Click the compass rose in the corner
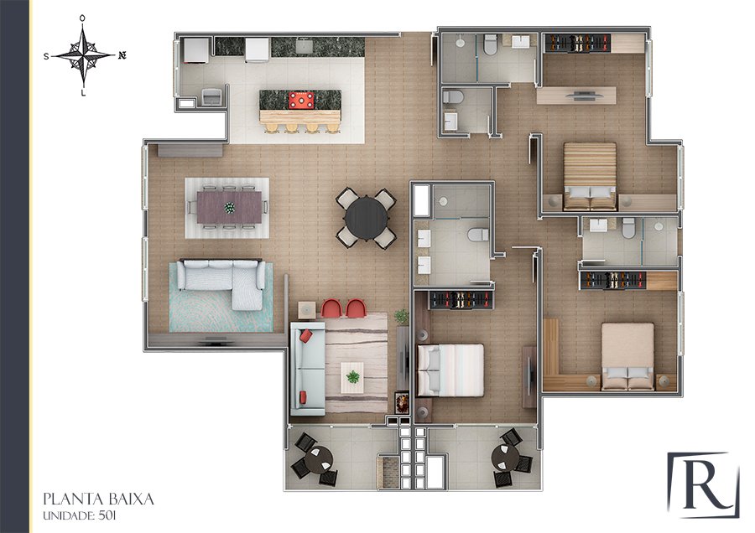[x=83, y=55]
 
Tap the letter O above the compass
[x=82, y=18]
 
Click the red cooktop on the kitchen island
[x=301, y=100]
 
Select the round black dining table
[x=366, y=218]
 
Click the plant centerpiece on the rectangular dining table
[x=230, y=208]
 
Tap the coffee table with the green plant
[x=352, y=377]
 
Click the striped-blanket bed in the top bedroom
[x=590, y=176]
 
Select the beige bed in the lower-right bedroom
[x=627, y=356]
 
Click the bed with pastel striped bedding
[x=450, y=370]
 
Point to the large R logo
[x=704, y=485]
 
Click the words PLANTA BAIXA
[x=98, y=499]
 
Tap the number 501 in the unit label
[x=107, y=515]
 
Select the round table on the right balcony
[x=505, y=458]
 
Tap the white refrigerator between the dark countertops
[x=258, y=50]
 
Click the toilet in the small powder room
[x=453, y=97]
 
